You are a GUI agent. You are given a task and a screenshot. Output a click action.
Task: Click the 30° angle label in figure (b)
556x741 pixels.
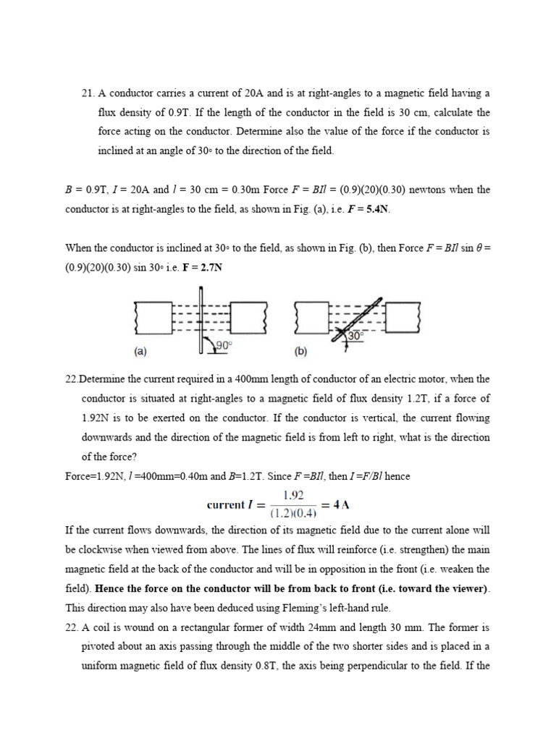coord(355,336)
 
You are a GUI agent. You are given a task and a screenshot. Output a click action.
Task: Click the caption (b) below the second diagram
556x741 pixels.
coord(300,352)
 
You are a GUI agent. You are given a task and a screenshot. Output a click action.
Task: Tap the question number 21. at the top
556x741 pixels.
coord(88,93)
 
